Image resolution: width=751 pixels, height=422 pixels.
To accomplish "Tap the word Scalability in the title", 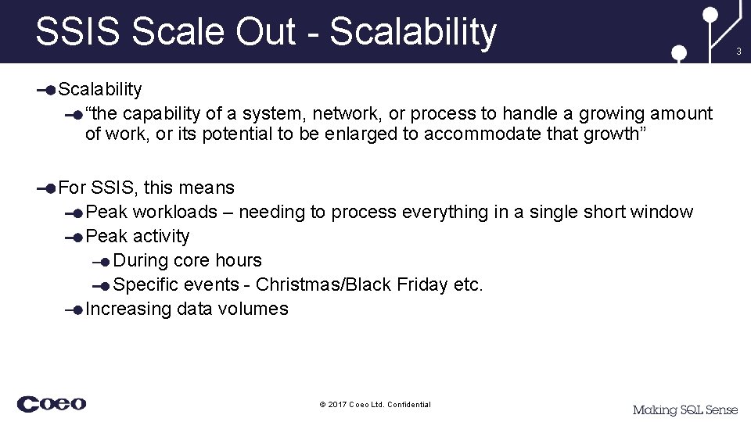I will (413, 33).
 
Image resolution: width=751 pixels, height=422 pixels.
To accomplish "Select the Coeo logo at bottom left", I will (52, 404).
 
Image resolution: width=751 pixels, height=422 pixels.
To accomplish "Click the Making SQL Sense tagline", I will (685, 409).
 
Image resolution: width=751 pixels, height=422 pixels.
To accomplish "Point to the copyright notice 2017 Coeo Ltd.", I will (375, 404).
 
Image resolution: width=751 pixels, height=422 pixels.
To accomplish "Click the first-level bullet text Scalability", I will (100, 90).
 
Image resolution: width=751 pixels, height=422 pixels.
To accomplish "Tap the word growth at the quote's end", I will (611, 134).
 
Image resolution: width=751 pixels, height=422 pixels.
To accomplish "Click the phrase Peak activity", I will (138, 236).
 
